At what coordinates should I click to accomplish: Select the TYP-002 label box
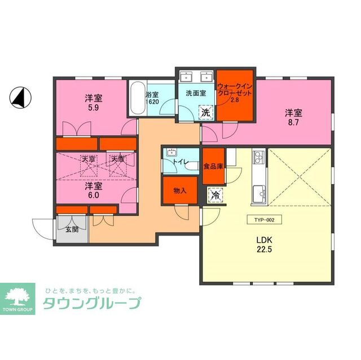point(264,221)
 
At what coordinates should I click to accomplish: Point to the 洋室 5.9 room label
point(93,103)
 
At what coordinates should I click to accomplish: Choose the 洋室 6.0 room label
point(93,190)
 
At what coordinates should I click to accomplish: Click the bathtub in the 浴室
point(136,100)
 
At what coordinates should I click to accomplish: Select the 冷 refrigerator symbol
point(215,196)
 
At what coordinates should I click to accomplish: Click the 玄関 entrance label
point(72,229)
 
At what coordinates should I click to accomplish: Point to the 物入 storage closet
point(180,190)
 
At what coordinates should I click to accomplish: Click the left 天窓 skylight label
point(89,159)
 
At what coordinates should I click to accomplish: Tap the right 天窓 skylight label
point(117,159)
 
